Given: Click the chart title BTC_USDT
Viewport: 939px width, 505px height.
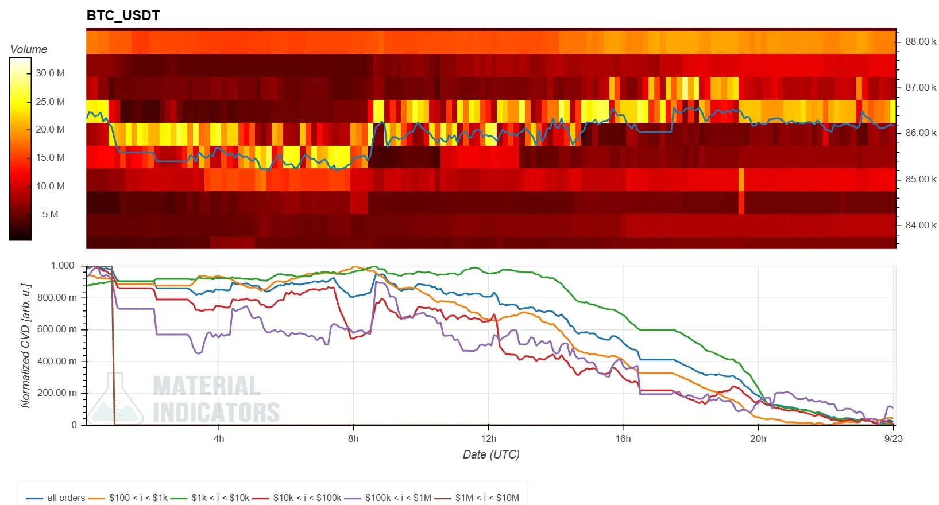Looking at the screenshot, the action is click(x=123, y=15).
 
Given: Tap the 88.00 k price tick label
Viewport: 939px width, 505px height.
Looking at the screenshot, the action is click(x=921, y=41).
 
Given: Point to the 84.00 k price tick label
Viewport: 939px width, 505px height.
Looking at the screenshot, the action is click(x=921, y=226).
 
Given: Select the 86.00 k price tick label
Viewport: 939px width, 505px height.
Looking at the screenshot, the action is click(x=921, y=133).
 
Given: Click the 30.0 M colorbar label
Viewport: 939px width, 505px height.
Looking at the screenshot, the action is click(x=51, y=73).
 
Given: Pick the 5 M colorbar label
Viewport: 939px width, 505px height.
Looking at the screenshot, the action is click(x=51, y=215).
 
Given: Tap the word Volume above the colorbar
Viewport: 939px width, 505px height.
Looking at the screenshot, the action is click(x=29, y=49).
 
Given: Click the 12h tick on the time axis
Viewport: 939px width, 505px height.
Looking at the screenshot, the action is click(x=488, y=438).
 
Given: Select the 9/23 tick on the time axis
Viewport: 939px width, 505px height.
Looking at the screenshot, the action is click(x=893, y=438).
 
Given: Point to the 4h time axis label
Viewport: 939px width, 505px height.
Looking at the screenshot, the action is click(x=219, y=438).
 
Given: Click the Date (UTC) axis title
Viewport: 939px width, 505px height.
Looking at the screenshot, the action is click(x=491, y=454).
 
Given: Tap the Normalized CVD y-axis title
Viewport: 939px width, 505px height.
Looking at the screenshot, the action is click(x=26, y=345).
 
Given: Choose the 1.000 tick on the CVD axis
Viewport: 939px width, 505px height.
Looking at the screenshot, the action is click(x=63, y=266).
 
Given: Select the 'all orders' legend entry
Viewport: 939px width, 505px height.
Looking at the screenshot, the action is click(x=56, y=498).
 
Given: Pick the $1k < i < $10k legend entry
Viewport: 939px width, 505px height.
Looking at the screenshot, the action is click(x=210, y=498).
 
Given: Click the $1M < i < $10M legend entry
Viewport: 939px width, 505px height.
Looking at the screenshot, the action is click(x=477, y=498).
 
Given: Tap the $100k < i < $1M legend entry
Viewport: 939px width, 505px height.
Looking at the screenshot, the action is click(x=388, y=498).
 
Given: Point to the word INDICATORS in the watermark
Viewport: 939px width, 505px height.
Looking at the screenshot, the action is click(x=217, y=412).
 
